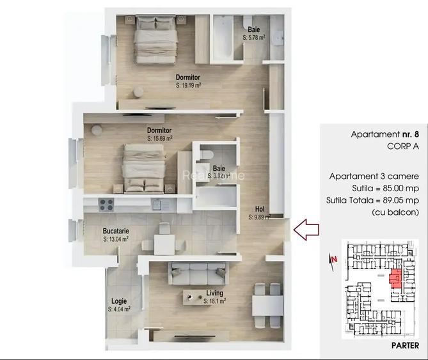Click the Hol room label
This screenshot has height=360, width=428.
click(x=260, y=209)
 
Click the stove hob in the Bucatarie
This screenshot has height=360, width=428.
click(x=106, y=205)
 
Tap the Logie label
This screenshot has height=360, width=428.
click(x=118, y=301)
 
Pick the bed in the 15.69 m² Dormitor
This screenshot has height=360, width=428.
click(x=144, y=168)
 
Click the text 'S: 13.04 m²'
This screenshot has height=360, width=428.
click(x=116, y=239)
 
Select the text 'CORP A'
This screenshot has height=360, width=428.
click(x=402, y=146)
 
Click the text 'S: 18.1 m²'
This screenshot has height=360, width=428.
click(x=214, y=301)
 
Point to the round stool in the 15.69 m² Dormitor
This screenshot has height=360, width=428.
click(x=96, y=130)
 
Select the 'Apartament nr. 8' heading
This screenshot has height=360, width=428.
click(x=384, y=134)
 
